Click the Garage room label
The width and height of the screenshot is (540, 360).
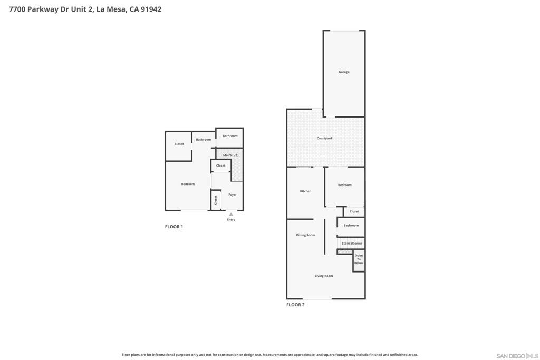[x=344, y=72]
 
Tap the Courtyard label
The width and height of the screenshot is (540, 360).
[x=324, y=138]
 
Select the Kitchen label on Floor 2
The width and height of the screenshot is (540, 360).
[x=305, y=191]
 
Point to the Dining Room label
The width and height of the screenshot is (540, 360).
[x=305, y=235]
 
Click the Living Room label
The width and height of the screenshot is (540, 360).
[x=324, y=276]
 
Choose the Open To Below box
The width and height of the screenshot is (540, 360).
[x=359, y=261]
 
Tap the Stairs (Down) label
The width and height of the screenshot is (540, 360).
[x=352, y=244]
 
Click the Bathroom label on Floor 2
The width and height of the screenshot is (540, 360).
[x=351, y=226]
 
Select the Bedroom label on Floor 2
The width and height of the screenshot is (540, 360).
[x=345, y=185]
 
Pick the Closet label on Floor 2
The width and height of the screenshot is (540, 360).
[x=354, y=212]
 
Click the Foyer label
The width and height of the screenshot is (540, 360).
[x=233, y=195]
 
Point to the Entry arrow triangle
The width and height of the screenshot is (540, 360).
[x=231, y=215]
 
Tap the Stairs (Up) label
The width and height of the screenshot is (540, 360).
[x=230, y=155]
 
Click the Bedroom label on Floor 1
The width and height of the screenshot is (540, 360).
[x=188, y=184]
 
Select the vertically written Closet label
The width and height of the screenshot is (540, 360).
[x=216, y=200]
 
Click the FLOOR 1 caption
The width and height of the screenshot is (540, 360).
[x=174, y=227]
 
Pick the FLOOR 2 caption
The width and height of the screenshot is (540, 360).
[x=295, y=305]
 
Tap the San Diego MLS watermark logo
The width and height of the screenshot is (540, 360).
[x=517, y=356]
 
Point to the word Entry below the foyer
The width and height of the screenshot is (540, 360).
[x=231, y=220]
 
